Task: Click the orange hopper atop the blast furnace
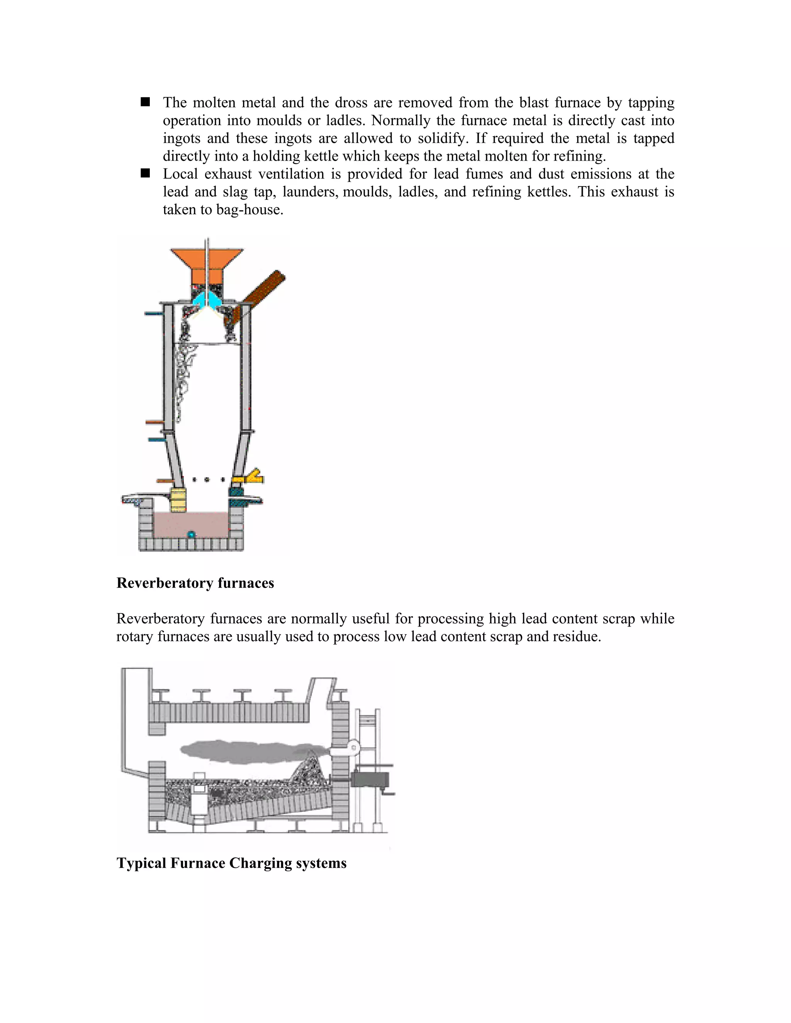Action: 207,265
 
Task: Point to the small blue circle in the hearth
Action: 191,534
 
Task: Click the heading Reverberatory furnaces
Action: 195,583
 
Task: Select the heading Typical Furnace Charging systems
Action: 231,863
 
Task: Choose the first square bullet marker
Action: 145,102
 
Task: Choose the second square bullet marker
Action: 145,173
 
